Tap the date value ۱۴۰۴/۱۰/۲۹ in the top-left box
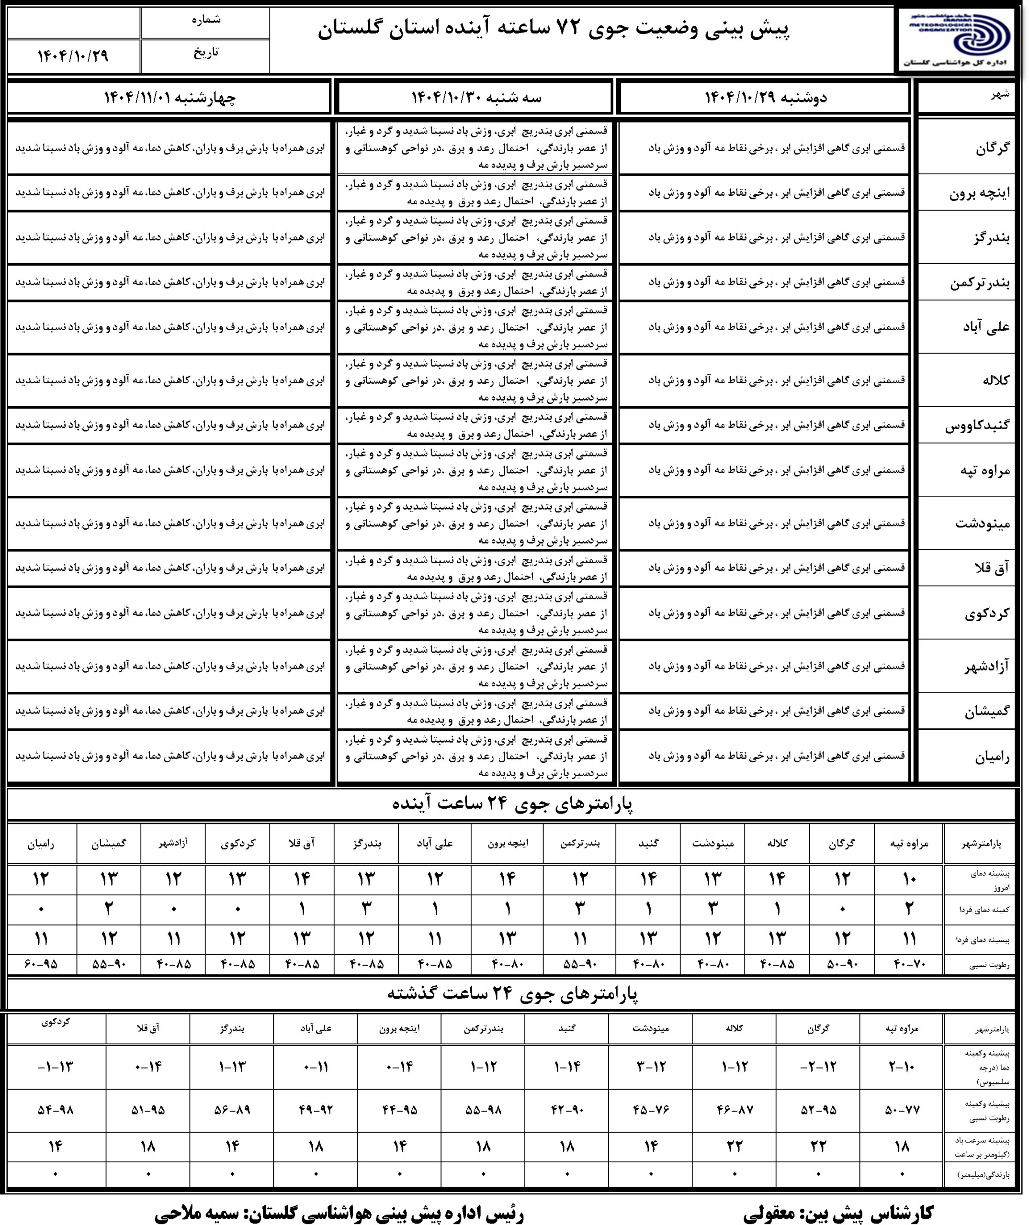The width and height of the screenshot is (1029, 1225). (x=73, y=56)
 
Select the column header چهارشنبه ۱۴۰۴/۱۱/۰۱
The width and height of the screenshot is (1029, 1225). (x=169, y=98)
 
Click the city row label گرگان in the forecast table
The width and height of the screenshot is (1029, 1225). (x=992, y=148)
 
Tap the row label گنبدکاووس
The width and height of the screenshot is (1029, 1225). (x=977, y=425)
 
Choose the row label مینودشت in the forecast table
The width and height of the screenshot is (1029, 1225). (x=982, y=523)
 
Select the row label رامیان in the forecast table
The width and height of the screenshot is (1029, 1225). (x=992, y=757)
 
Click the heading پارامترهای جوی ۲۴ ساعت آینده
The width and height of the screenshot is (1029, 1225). (x=512, y=805)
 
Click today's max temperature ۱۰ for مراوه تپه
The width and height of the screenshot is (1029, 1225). (x=909, y=879)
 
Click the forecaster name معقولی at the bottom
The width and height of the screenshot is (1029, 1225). (x=777, y=1214)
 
